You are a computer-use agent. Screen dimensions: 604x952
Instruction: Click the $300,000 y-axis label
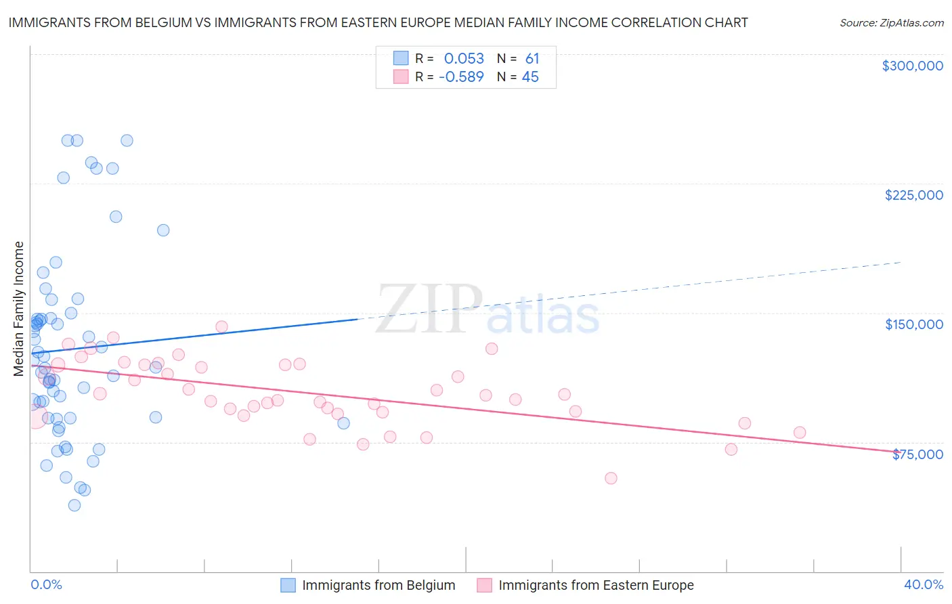coord(912,66)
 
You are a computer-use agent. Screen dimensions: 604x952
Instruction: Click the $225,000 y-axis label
coord(913,195)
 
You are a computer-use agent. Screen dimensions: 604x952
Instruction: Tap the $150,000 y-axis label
coord(913,324)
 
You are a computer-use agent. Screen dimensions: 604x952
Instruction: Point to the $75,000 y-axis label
coord(917,454)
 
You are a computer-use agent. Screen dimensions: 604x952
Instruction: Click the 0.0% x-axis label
coord(46,584)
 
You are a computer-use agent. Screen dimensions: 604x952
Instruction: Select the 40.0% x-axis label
coord(923,584)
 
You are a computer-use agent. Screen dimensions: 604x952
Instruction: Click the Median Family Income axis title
coord(19,308)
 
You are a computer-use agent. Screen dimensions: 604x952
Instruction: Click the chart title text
coord(378,22)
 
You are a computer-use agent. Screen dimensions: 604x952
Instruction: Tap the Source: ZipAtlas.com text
coord(891,22)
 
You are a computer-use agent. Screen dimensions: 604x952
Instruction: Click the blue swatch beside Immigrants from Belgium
coord(288,585)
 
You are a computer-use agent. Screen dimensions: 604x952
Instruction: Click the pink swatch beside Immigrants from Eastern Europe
coord(484,585)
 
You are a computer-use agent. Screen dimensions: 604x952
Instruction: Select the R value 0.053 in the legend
coord(464,59)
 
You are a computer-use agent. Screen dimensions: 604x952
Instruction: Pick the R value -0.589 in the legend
coord(461,77)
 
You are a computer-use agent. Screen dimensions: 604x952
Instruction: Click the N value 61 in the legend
coord(532,59)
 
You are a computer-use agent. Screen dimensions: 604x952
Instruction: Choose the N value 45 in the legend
coord(530,77)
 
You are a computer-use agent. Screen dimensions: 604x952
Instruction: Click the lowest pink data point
coord(611,478)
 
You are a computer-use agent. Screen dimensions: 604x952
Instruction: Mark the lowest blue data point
coord(74,505)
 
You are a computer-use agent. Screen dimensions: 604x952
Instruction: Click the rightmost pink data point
coord(800,433)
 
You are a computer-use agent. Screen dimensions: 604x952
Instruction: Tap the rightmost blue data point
coord(343,423)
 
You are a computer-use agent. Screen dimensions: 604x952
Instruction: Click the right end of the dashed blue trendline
coord(901,262)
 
